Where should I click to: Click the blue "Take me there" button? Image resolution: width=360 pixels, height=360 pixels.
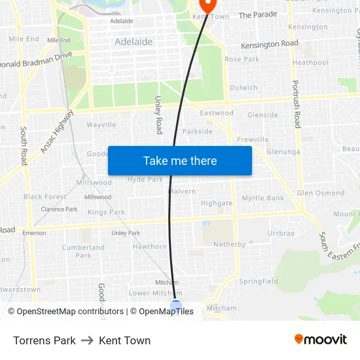(180, 160)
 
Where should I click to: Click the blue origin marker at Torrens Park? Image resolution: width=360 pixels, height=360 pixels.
(175, 305)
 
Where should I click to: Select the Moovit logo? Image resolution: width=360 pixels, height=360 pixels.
(321, 340)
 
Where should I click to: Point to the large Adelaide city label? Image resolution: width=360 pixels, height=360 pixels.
(134, 41)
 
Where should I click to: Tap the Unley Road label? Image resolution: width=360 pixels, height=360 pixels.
(158, 115)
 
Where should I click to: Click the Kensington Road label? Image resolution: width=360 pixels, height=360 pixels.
(270, 45)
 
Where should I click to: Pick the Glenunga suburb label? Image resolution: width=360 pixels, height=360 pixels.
(283, 152)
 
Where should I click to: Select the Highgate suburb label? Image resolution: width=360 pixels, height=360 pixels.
(216, 203)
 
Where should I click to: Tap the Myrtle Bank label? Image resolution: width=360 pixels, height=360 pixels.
(263, 198)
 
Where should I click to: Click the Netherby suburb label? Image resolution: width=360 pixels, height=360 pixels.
(230, 244)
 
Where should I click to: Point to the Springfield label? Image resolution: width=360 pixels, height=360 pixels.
(258, 281)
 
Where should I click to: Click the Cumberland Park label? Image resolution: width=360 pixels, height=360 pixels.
(83, 251)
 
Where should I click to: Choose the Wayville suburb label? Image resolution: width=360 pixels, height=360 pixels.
(101, 124)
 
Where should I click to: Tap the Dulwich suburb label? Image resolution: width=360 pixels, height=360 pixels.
(243, 87)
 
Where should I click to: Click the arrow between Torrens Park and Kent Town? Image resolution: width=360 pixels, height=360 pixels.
(87, 340)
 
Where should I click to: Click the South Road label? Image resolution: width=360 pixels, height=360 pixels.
(24, 145)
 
